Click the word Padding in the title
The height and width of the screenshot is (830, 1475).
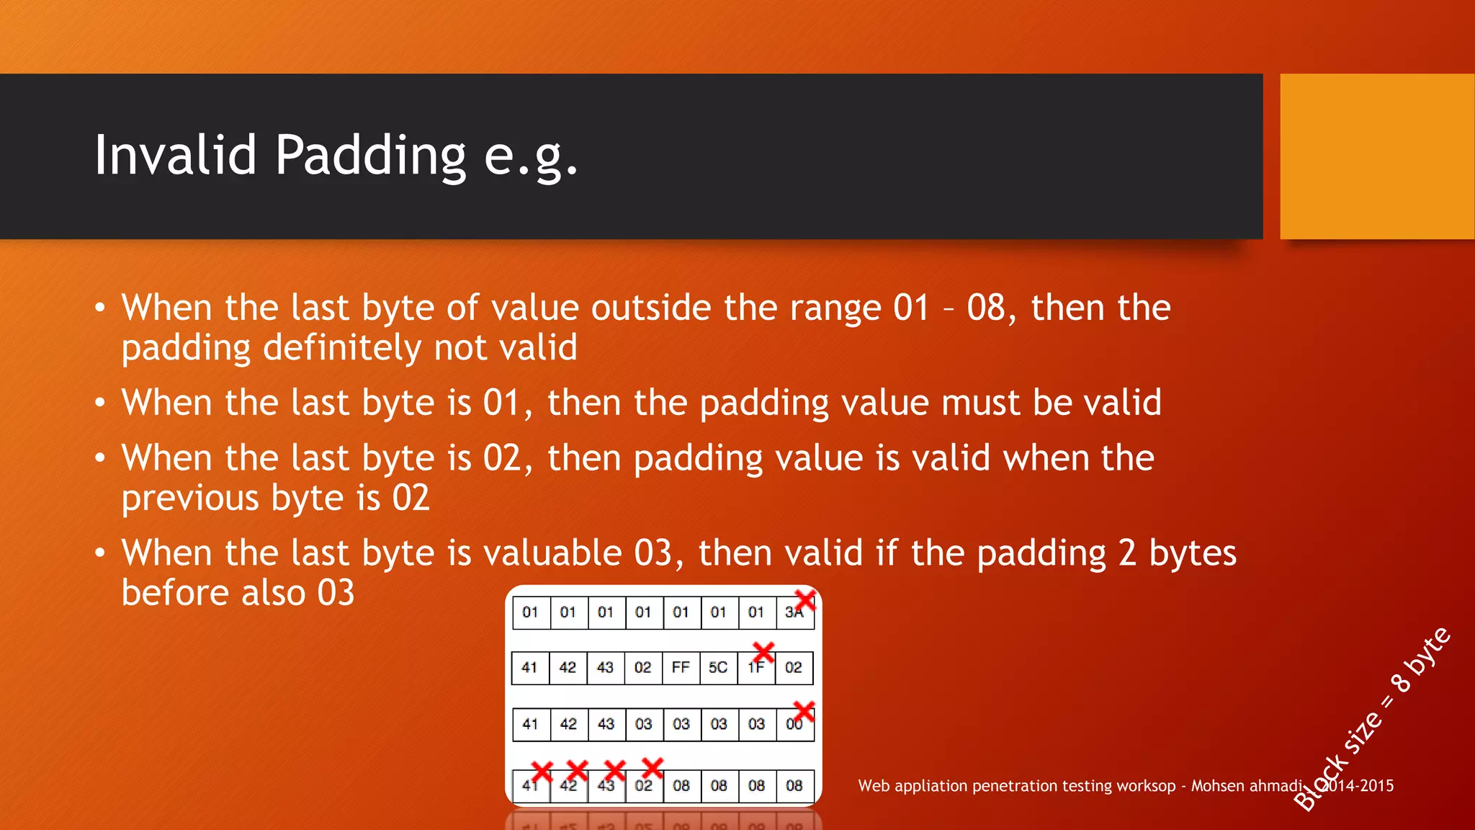(370, 155)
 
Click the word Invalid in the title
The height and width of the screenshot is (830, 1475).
(175, 155)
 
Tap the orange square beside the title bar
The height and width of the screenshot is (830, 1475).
(1376, 156)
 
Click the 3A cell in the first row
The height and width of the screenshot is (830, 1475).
(793, 613)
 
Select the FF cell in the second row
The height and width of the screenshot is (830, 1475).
(681, 668)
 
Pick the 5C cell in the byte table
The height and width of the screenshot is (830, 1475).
(718, 668)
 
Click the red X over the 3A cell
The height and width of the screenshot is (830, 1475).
(805, 599)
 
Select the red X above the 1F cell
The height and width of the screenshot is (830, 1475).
(763, 652)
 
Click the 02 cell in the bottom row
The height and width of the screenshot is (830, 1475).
(643, 786)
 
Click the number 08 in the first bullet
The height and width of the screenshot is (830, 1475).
(985, 308)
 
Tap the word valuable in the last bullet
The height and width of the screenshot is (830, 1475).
(552, 553)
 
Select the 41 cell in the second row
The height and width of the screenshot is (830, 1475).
(529, 668)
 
